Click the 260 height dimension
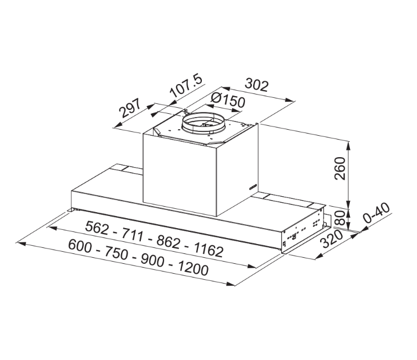pyautogui.click(x=339, y=168)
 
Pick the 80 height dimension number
pyautogui.click(x=340, y=218)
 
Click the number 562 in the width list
pyautogui.click(x=99, y=226)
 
